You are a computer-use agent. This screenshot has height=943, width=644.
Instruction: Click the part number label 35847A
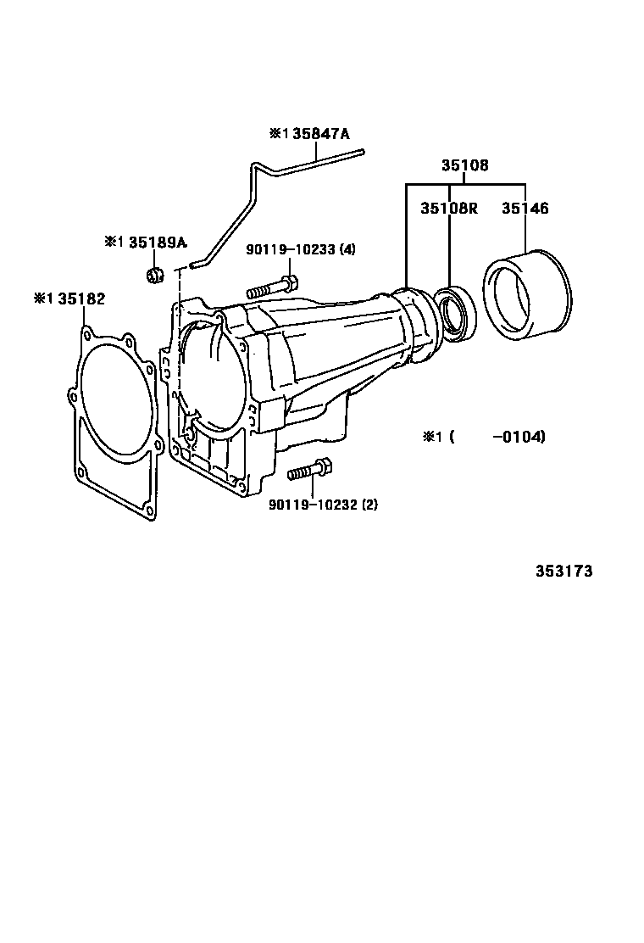320,133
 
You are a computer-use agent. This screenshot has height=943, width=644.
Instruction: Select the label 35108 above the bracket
465,165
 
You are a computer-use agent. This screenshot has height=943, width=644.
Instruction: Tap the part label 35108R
449,208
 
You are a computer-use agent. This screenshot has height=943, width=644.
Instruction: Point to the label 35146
525,208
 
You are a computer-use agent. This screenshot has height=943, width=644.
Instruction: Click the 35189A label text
158,243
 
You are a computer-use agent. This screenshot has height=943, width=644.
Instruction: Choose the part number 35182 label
81,299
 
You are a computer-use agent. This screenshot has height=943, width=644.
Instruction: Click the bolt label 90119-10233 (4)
300,249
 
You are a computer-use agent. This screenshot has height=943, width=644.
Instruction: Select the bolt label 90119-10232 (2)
323,505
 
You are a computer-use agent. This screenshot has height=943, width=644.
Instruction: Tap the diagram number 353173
564,571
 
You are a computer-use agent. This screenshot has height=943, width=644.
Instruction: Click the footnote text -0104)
519,437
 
